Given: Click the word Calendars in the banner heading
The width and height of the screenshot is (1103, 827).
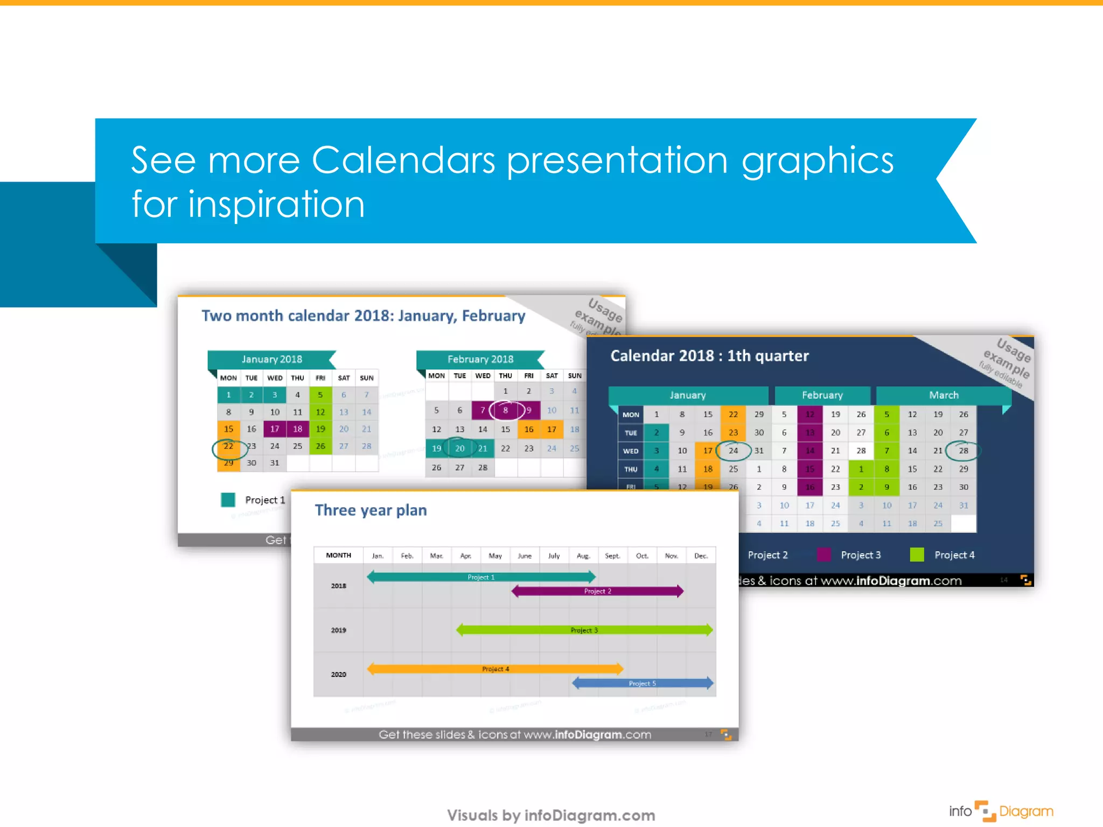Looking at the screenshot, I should click(x=403, y=160).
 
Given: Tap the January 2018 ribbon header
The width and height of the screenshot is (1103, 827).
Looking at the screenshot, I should click(x=271, y=359).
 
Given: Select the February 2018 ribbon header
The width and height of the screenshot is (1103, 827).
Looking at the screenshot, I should click(x=480, y=359).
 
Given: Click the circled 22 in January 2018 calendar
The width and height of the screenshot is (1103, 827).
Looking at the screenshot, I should click(x=229, y=447).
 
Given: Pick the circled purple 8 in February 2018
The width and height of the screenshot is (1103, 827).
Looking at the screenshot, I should click(x=506, y=410).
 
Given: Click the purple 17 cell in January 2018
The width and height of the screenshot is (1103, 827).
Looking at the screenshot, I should click(x=275, y=429).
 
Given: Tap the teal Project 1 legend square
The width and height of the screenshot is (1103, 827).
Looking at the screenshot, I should click(x=228, y=500).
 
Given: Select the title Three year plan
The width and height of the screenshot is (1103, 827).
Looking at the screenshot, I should click(x=371, y=510).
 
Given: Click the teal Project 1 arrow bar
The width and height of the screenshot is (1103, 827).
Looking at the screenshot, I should click(x=481, y=577).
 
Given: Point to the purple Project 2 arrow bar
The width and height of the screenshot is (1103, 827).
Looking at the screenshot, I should click(x=597, y=591).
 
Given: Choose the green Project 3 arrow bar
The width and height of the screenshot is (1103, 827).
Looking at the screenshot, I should click(x=584, y=630).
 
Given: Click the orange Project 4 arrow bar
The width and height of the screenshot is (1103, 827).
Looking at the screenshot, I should click(x=495, y=669).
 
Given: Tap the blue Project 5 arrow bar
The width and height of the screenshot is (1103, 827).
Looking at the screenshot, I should click(x=643, y=683).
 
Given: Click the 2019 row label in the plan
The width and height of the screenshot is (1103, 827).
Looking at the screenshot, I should click(x=338, y=630).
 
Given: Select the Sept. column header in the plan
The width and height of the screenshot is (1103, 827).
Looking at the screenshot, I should click(x=612, y=556).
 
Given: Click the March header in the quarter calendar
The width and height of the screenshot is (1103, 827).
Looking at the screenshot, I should click(x=944, y=395).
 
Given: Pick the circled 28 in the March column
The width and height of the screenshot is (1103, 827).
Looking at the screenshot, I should click(x=964, y=451).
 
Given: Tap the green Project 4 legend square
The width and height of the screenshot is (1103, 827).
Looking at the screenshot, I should click(x=917, y=555).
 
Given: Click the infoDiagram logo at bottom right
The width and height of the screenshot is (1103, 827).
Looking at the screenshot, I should click(x=1001, y=811).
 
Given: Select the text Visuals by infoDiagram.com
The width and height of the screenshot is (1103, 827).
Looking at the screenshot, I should click(x=551, y=815).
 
